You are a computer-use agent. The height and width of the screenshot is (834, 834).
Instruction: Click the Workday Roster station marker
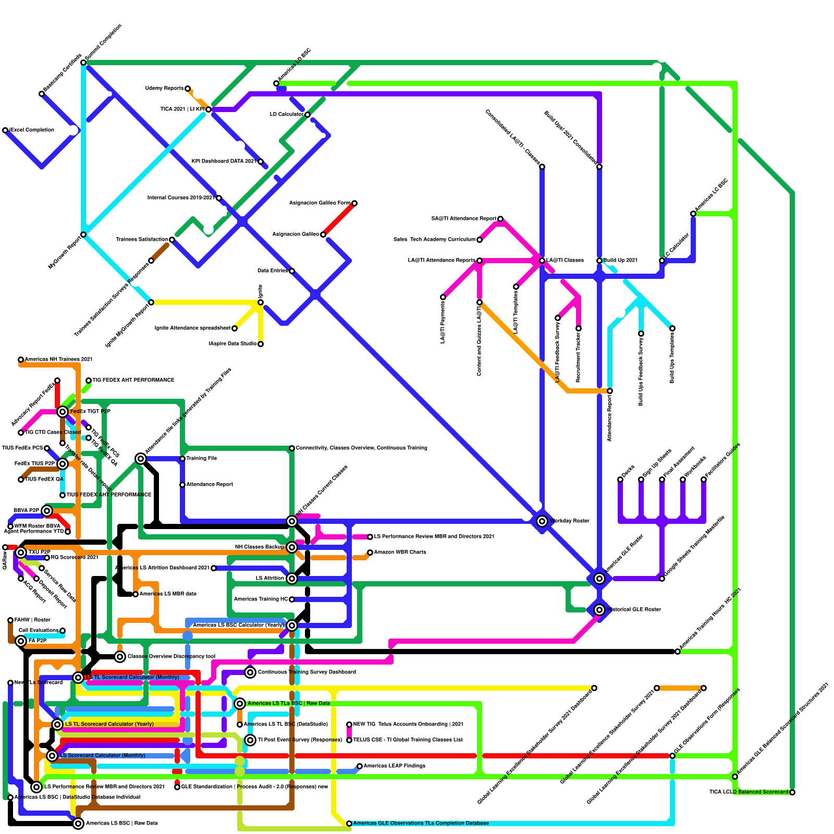coord(542,521)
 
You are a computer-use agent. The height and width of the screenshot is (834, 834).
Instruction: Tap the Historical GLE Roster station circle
coord(599,610)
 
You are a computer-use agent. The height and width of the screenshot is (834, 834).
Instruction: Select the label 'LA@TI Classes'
coord(565,261)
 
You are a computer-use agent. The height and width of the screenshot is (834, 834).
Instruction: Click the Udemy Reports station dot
coord(188,89)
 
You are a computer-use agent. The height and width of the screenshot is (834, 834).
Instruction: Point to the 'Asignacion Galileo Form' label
coord(320,203)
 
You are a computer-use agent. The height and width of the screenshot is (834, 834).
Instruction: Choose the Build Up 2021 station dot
coord(599,261)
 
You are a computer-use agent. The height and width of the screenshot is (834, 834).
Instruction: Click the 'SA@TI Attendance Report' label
coord(463,219)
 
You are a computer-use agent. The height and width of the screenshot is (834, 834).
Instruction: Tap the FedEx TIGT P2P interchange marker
coord(63,412)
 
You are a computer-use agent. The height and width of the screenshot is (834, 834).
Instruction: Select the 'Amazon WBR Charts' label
coord(400,553)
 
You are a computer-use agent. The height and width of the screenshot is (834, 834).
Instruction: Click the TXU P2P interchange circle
coord(21,553)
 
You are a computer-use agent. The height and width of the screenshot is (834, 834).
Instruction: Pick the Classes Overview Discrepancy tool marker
coord(120,657)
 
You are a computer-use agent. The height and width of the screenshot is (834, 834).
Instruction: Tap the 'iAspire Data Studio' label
coord(232,344)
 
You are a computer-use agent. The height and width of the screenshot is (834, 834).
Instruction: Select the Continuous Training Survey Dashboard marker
coord(250,672)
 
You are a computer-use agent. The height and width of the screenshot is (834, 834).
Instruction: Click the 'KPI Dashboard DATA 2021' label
coord(224,162)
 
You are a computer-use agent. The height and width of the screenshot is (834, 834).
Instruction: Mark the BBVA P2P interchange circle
coord(47,511)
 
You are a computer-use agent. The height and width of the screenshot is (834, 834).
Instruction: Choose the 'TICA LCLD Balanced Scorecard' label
coord(749,792)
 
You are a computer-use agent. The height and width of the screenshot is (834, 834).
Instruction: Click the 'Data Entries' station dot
coord(292,271)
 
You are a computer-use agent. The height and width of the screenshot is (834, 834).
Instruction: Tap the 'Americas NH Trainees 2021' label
coord(58,360)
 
